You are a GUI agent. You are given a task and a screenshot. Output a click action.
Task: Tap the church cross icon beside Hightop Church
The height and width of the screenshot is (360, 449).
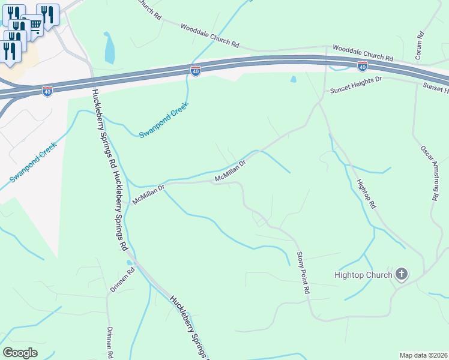pyautogui.click(x=402, y=275)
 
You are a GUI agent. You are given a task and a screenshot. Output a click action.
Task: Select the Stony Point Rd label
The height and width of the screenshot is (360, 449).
pyautogui.click(x=303, y=272)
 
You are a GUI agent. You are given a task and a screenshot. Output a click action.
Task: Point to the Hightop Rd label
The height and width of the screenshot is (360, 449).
pyautogui.click(x=366, y=194)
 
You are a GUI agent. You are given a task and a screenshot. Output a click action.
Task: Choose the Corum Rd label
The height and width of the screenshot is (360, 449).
pyautogui.click(x=419, y=43)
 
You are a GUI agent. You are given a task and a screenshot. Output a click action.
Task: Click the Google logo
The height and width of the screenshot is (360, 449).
pyautogui.click(x=20, y=353)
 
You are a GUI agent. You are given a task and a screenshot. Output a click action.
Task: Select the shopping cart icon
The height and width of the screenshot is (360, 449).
pyautogui.click(x=34, y=24)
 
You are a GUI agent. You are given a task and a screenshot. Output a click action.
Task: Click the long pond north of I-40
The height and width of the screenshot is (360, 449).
pyautogui.click(x=109, y=48)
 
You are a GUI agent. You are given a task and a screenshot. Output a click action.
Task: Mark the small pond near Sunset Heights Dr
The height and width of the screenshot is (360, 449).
pyautogui.click(x=293, y=79)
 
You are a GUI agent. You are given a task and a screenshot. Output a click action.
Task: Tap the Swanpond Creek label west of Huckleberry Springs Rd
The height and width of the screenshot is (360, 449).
pyautogui.click(x=33, y=163)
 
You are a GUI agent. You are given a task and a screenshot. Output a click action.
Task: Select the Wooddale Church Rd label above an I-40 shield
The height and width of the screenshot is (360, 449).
pyautogui.click(x=363, y=54)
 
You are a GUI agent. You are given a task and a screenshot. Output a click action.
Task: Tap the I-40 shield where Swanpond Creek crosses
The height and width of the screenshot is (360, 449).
pyautogui.click(x=196, y=71)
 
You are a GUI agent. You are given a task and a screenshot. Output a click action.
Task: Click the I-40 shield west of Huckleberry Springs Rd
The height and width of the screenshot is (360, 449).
pyautogui.click(x=47, y=91)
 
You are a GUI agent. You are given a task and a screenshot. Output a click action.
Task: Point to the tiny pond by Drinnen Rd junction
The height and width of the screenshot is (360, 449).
pyautogui.click(x=128, y=262)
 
